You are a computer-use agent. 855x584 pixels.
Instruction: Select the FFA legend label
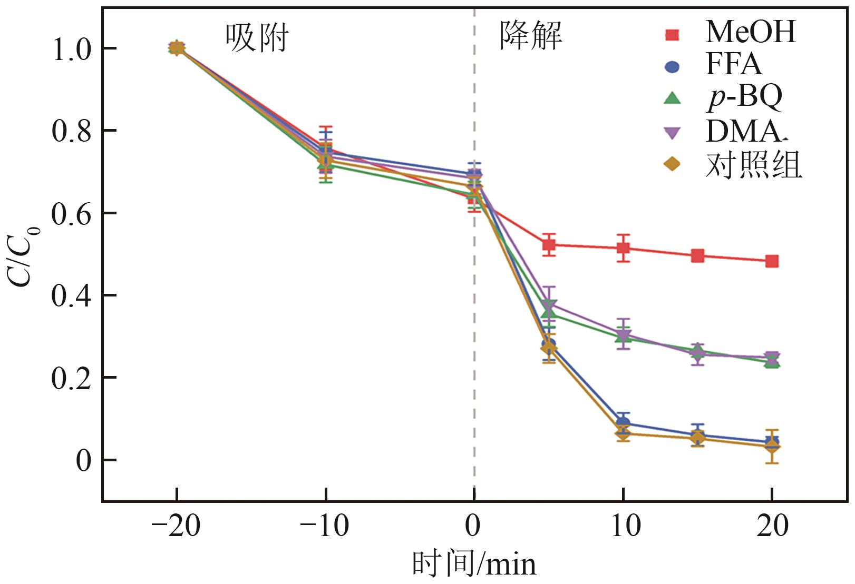click(x=733, y=64)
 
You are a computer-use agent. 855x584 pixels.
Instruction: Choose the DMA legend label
click(x=742, y=131)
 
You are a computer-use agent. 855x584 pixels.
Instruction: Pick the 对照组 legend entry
click(x=753, y=165)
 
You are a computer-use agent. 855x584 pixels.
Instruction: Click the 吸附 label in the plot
click(x=257, y=38)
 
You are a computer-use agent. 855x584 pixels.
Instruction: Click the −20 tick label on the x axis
click(x=176, y=526)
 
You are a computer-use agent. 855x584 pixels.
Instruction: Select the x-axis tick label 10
click(x=625, y=526)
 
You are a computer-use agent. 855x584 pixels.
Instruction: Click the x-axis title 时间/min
click(x=474, y=563)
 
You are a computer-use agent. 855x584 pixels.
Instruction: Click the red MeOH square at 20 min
click(x=772, y=261)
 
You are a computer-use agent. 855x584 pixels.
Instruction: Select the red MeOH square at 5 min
click(x=549, y=244)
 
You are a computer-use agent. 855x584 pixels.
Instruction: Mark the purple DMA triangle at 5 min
click(x=549, y=305)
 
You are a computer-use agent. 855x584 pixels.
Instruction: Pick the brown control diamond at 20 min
click(x=772, y=447)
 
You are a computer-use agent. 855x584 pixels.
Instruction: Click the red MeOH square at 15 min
click(x=697, y=256)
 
